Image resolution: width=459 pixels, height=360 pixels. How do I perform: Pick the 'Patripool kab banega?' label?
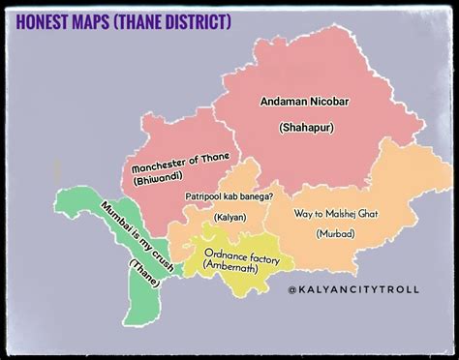point(229,195)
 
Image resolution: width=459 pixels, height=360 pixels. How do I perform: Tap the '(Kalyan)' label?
point(230,217)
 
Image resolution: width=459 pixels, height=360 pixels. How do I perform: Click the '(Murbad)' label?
point(334,233)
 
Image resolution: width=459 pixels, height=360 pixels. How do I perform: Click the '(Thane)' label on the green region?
point(145,269)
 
